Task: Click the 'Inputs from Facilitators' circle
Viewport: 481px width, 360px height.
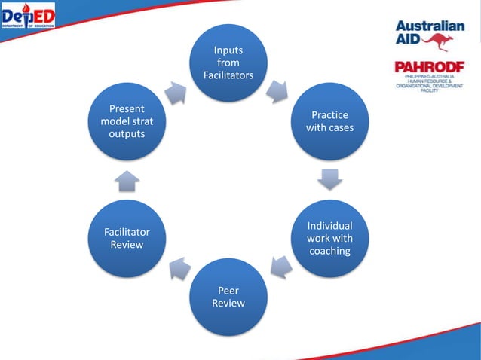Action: pos(228,63)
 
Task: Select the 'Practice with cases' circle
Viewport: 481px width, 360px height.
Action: pos(329,121)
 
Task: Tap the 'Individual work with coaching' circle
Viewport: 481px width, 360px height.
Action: pos(329,238)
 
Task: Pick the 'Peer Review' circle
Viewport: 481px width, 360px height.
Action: pos(228,296)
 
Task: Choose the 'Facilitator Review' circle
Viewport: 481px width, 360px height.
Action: pos(127,238)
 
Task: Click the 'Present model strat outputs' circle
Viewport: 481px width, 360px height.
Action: pos(127,121)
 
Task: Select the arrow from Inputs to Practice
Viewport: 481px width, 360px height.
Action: pos(278,91)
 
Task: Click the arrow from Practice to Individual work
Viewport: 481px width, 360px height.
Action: pos(329,179)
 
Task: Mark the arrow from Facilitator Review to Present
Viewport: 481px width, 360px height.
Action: pos(127,180)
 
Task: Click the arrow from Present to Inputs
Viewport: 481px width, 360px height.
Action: pos(177,92)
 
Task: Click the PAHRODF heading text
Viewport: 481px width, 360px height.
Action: pos(430,67)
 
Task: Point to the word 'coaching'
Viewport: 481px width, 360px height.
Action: pos(329,252)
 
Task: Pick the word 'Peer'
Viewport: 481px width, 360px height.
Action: pos(228,289)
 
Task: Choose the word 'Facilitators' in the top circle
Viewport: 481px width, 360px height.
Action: pos(228,76)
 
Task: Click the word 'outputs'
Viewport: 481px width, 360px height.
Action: pos(127,134)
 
